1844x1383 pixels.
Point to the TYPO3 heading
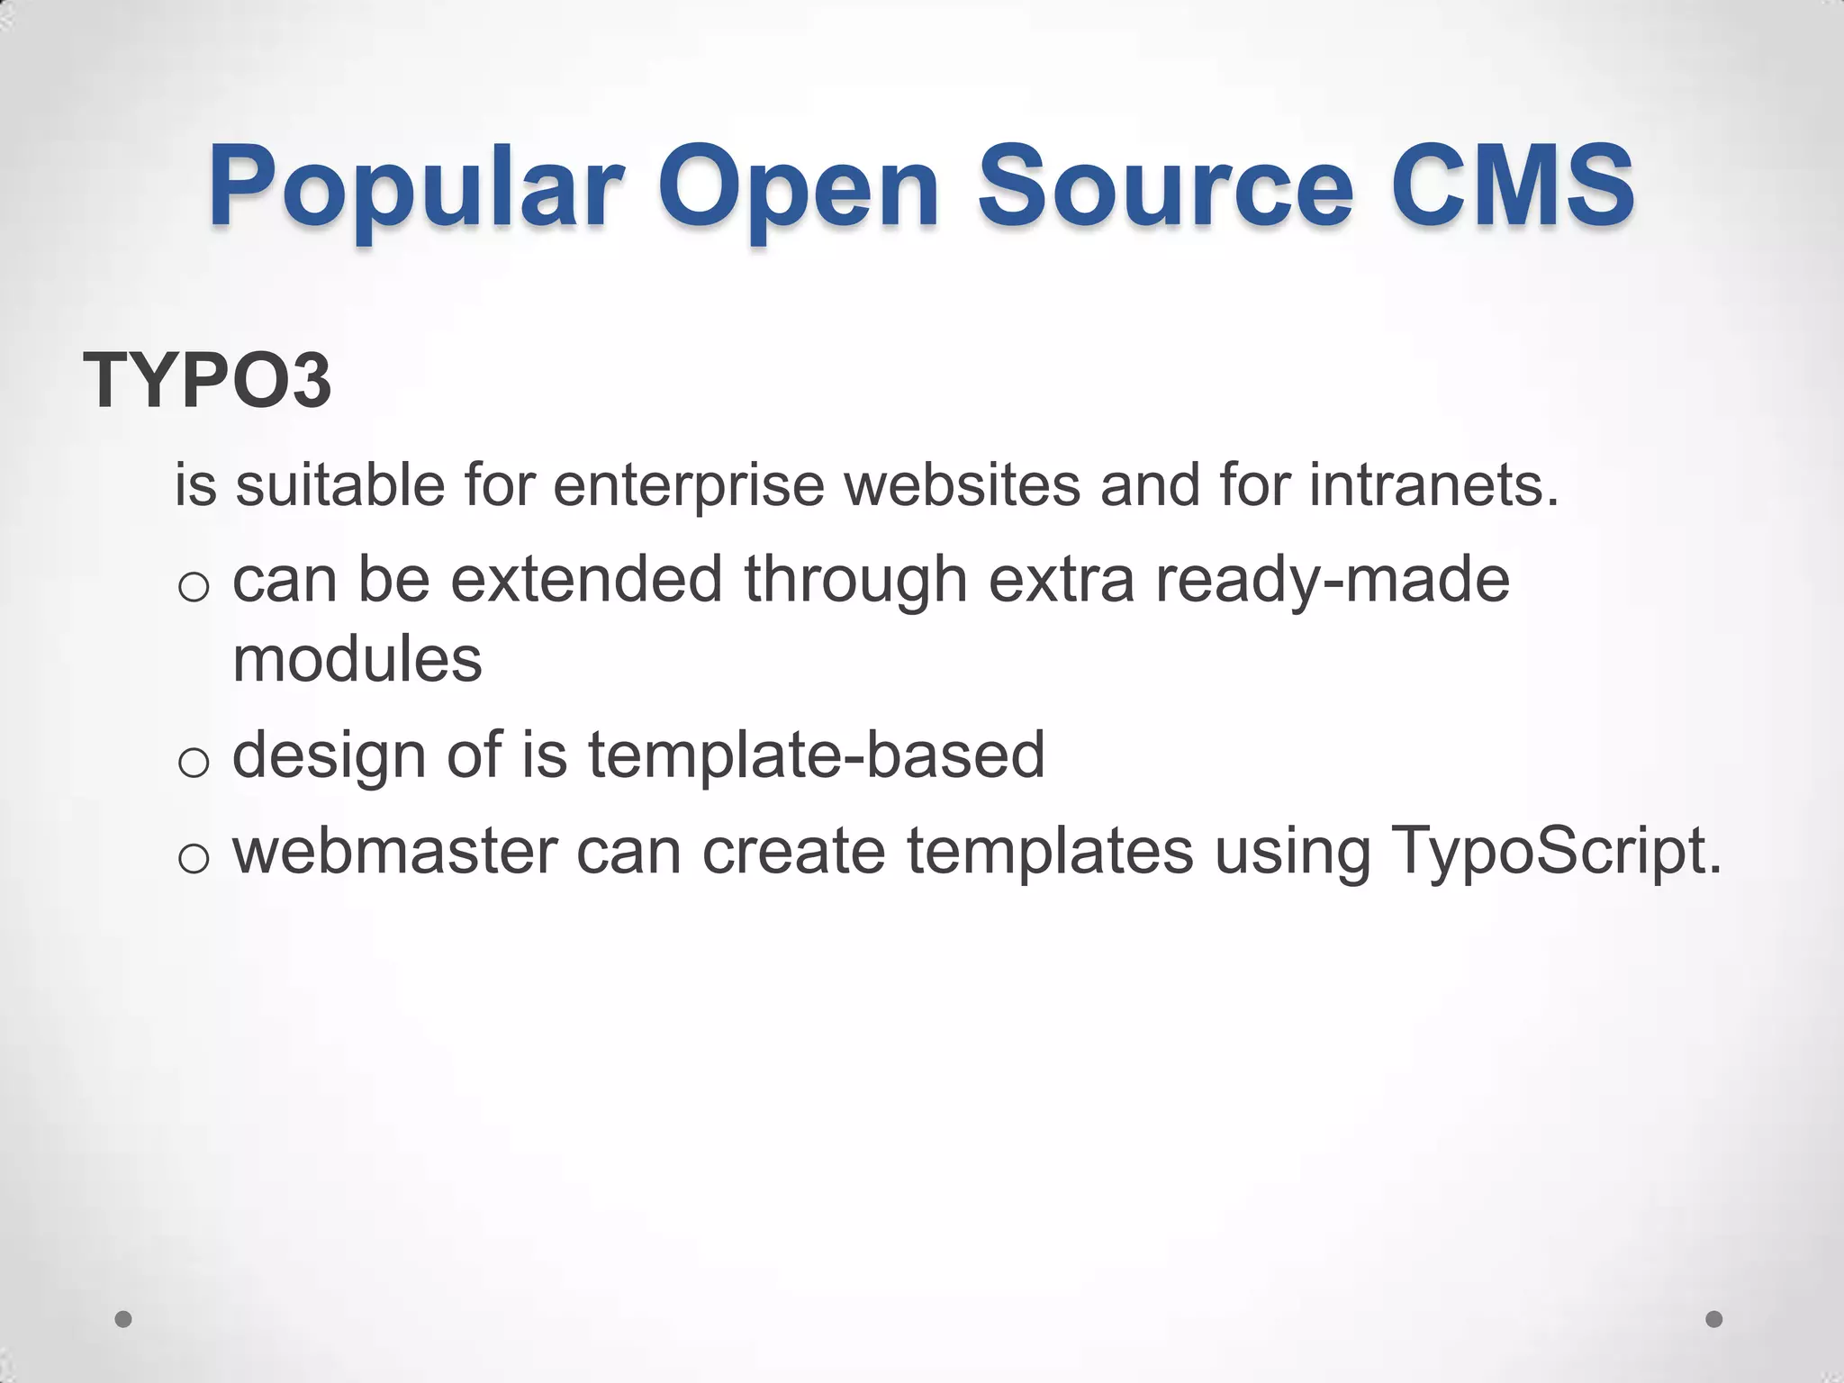click(207, 381)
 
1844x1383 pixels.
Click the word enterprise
click(689, 486)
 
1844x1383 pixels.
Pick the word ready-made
click(1333, 581)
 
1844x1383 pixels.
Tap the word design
click(330, 756)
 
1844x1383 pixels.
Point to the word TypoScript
click(1556, 853)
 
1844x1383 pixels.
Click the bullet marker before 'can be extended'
click(194, 588)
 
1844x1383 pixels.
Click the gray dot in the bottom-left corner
click(124, 1319)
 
